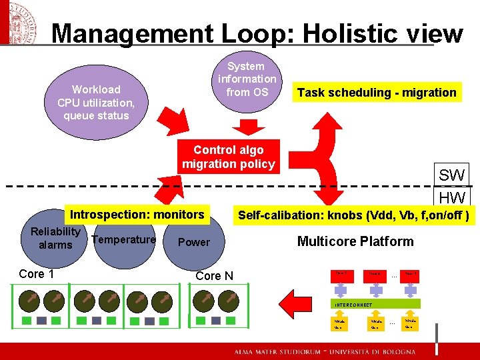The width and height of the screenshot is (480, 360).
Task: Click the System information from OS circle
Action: [x=246, y=79]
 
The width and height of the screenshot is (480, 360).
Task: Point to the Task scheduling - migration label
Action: [x=377, y=93]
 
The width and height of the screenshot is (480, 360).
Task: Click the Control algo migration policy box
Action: [x=229, y=157]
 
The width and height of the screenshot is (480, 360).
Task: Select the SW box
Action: [x=451, y=175]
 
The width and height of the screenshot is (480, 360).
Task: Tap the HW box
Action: [x=451, y=197]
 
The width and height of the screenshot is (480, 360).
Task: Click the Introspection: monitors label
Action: [x=137, y=215]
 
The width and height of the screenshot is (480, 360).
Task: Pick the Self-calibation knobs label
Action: [x=354, y=215]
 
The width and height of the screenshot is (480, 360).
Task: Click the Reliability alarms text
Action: [x=55, y=238]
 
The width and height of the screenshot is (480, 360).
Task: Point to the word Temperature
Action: [x=124, y=239]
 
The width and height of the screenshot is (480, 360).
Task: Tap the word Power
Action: [x=194, y=242]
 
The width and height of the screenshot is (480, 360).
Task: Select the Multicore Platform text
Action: [x=355, y=241]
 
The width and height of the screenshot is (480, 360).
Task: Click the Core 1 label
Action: [x=32, y=274]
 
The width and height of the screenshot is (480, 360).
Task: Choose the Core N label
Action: [x=215, y=276]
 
